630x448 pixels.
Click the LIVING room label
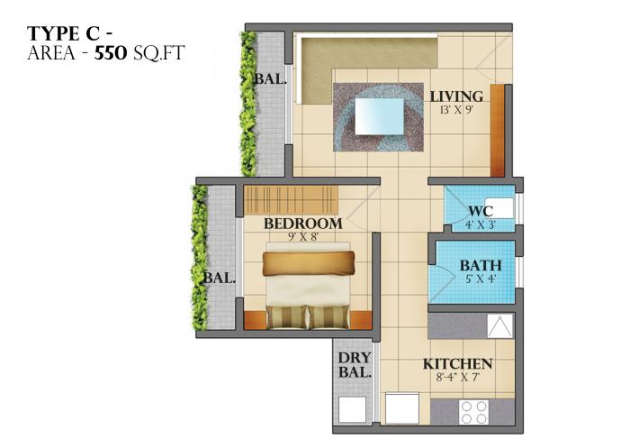click(x=455, y=96)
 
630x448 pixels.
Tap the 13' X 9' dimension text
click(x=455, y=110)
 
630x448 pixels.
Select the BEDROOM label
click(x=302, y=223)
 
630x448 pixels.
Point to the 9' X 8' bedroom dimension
click(x=302, y=236)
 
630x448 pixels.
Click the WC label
click(x=480, y=212)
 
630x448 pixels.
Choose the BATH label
click(x=481, y=266)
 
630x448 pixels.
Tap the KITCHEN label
click(x=458, y=364)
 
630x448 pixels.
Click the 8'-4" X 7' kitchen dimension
click(x=458, y=378)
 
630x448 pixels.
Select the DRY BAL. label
click(x=355, y=365)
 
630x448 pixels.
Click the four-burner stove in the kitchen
click(x=473, y=410)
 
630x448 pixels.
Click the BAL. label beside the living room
click(x=269, y=79)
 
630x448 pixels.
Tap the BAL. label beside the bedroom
click(x=220, y=278)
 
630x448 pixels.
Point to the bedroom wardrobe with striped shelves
click(x=289, y=197)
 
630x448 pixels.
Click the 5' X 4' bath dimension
click(x=481, y=279)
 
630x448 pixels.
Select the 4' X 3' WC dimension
click(x=480, y=224)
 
